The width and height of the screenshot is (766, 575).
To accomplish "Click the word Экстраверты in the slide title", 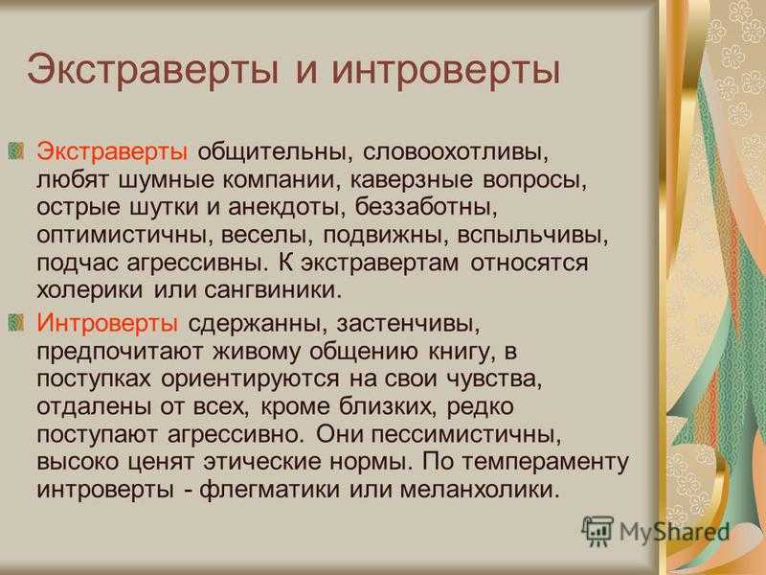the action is click(x=153, y=71).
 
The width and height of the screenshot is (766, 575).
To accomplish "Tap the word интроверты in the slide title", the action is click(x=445, y=71).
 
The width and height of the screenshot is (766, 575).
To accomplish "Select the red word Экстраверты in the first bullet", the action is click(x=112, y=152).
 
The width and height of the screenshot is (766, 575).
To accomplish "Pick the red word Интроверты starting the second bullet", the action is click(x=107, y=323).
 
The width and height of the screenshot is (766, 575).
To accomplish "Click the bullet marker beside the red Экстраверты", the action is click(x=16, y=150).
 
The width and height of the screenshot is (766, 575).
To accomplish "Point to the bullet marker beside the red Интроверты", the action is click(x=16, y=322).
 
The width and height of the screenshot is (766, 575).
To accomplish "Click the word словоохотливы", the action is click(x=456, y=152).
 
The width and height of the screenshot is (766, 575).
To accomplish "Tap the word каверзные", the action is click(x=412, y=179).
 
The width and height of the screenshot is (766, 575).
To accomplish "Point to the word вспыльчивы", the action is click(x=533, y=235).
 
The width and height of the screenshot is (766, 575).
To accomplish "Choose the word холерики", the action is click(x=90, y=291).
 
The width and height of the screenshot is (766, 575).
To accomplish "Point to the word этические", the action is click(x=262, y=462).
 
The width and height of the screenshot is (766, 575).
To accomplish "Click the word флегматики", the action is click(x=270, y=490).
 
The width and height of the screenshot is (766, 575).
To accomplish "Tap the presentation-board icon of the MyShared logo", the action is click(x=597, y=531).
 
